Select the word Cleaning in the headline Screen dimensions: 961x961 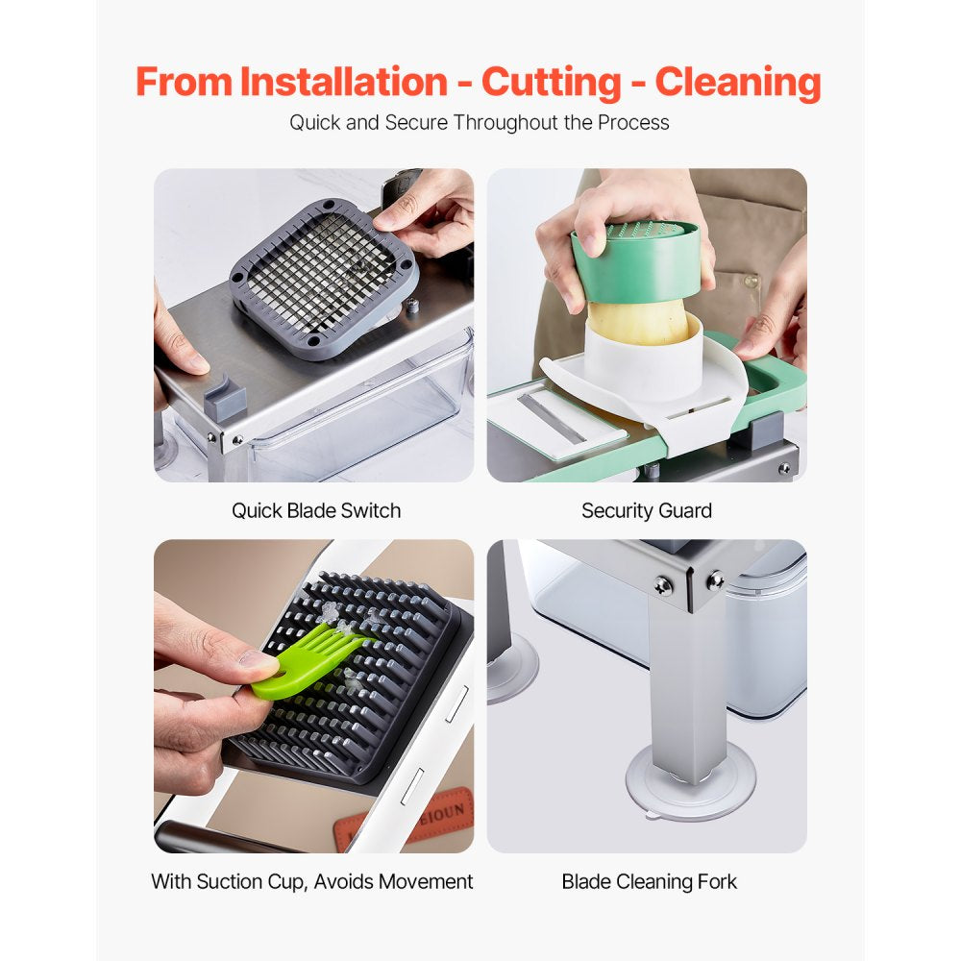tap(738, 82)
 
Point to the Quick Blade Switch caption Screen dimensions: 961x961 tap(315, 510)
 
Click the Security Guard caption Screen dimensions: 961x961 tap(646, 510)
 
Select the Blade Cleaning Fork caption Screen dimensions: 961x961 tap(649, 881)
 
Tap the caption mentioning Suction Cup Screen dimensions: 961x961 tap(312, 881)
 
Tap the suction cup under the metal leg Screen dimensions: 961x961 tap(690, 778)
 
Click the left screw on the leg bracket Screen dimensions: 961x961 tap(663, 585)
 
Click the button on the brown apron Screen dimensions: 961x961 tap(751, 283)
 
